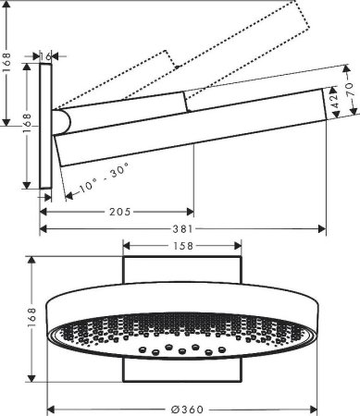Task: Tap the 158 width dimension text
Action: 181,247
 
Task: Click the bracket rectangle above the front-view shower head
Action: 181,272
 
